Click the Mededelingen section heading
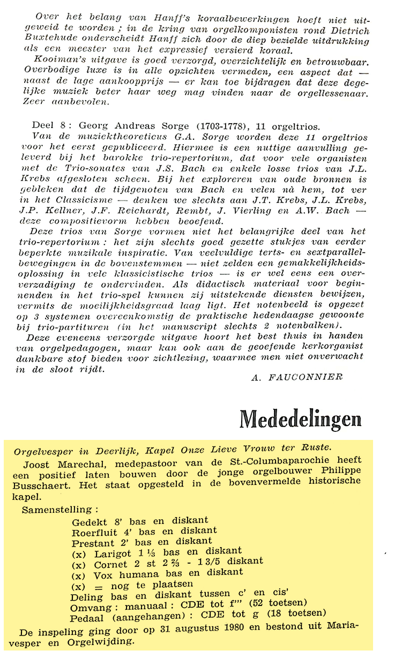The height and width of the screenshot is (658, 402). point(300,420)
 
